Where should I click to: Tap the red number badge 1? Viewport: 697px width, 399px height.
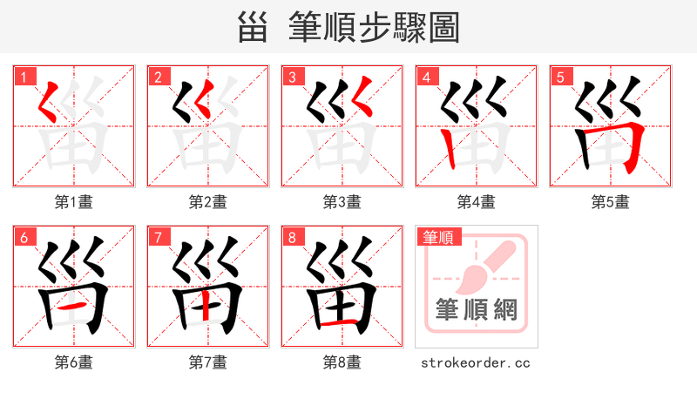22,78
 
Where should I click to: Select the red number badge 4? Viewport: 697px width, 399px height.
426,78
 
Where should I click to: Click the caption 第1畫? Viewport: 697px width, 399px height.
74,202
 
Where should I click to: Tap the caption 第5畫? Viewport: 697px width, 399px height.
610,202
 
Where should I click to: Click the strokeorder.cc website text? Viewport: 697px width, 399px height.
476,362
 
